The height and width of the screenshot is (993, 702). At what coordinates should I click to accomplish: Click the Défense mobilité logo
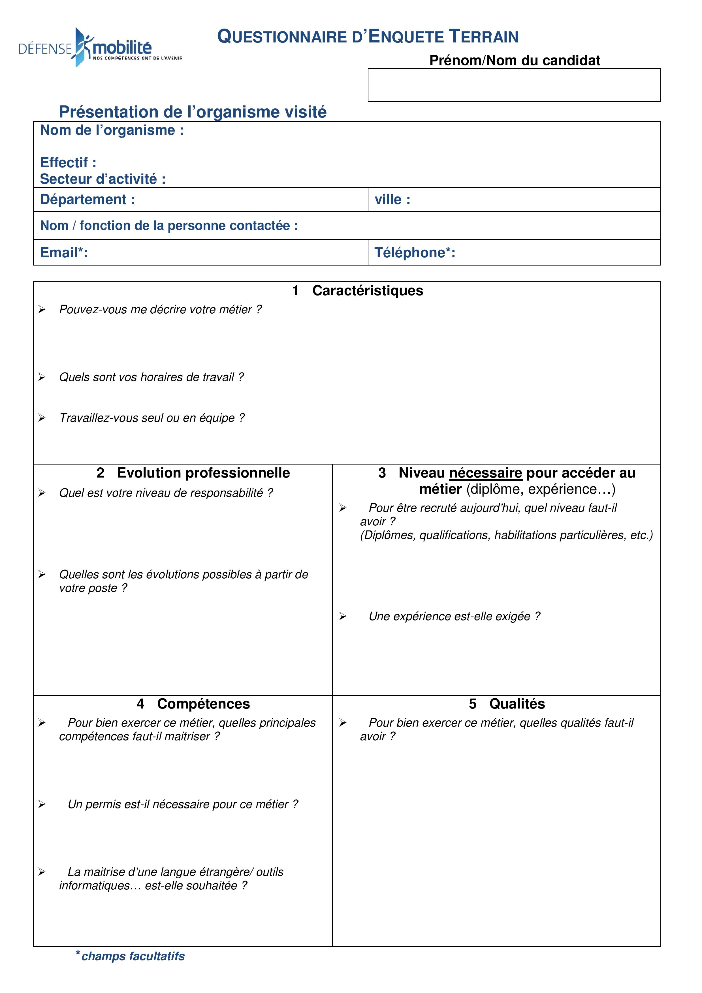point(100,48)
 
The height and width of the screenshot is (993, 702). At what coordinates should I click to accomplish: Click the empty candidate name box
point(514,85)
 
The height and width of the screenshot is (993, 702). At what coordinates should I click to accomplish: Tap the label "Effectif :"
point(68,162)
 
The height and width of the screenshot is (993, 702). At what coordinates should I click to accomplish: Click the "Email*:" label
point(64,252)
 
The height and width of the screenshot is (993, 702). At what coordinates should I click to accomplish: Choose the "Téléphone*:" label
point(414,252)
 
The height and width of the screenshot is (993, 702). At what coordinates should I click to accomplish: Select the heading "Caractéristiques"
point(367,291)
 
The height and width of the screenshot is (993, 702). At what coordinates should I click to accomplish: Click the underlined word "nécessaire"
point(485,473)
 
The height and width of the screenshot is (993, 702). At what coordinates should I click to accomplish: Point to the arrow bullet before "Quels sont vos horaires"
point(42,377)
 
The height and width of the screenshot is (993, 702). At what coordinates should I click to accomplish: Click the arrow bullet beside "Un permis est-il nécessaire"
point(42,804)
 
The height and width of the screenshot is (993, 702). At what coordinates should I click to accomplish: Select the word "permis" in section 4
point(103,804)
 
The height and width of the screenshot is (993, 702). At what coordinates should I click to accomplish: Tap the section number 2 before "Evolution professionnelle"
point(100,473)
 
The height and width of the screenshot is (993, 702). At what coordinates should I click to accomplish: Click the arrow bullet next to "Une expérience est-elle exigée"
point(343,616)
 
